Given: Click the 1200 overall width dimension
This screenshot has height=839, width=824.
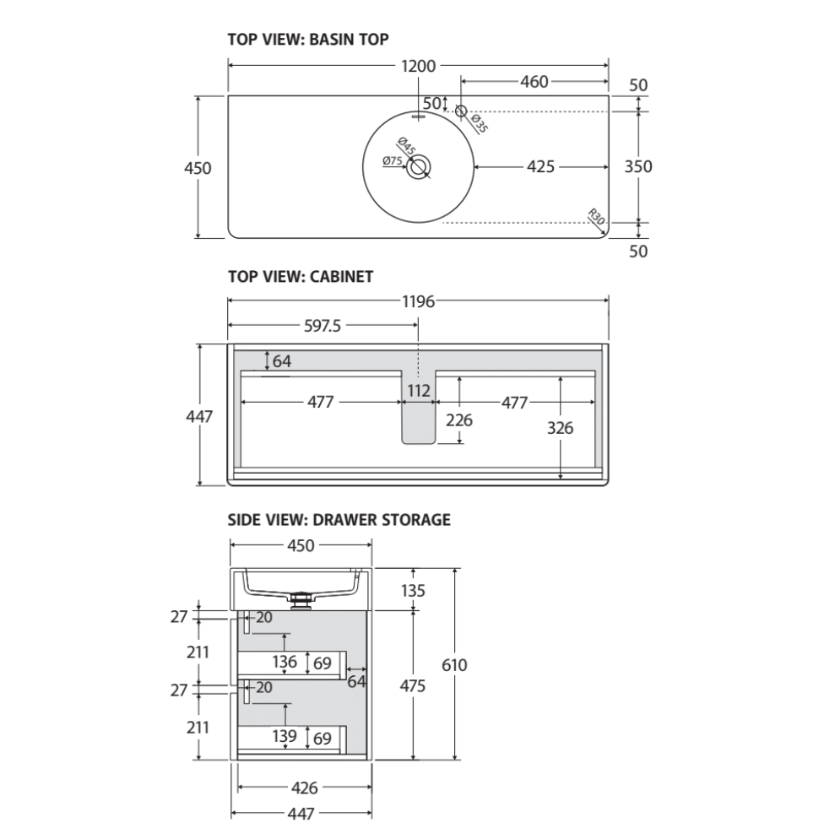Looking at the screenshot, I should click(x=418, y=66).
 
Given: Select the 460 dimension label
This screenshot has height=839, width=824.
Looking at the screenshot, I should click(x=534, y=82).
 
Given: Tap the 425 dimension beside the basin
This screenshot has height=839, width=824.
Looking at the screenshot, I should click(x=540, y=167).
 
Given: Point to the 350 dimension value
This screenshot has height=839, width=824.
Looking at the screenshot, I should click(x=637, y=167).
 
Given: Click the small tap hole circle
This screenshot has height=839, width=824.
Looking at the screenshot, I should click(x=461, y=111).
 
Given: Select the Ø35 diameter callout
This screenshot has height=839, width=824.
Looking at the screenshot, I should click(x=478, y=124).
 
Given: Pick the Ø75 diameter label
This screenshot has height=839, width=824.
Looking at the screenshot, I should click(x=392, y=160).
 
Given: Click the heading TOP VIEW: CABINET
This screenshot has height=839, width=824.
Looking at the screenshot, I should click(x=301, y=276).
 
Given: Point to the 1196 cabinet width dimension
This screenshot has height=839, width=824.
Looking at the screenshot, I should click(x=418, y=301).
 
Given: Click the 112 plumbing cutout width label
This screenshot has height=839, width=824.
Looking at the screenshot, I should click(x=419, y=391).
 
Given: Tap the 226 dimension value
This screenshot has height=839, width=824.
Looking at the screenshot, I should click(x=459, y=419).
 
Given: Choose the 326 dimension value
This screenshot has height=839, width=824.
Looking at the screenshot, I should click(x=560, y=428).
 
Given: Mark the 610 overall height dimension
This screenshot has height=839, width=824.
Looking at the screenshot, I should click(x=454, y=665).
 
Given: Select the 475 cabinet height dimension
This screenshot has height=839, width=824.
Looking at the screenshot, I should click(x=412, y=685).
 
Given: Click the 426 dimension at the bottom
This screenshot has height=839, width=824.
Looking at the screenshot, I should click(x=304, y=788).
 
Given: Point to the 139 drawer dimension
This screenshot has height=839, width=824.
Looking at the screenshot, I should click(x=285, y=737).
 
